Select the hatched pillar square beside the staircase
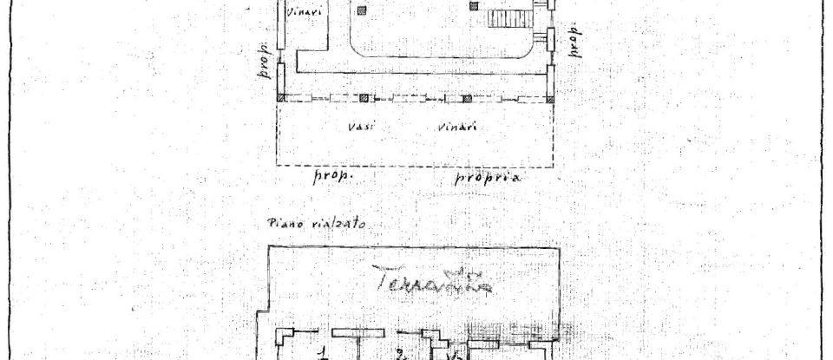pos(474,6)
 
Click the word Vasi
pos(360,127)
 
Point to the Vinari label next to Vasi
pos(456,128)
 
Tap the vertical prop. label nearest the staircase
pos(574,41)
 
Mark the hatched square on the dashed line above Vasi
pos(364,98)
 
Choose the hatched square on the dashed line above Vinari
pos(466,98)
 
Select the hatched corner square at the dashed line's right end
pos(549,98)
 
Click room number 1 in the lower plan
pos(321,352)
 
